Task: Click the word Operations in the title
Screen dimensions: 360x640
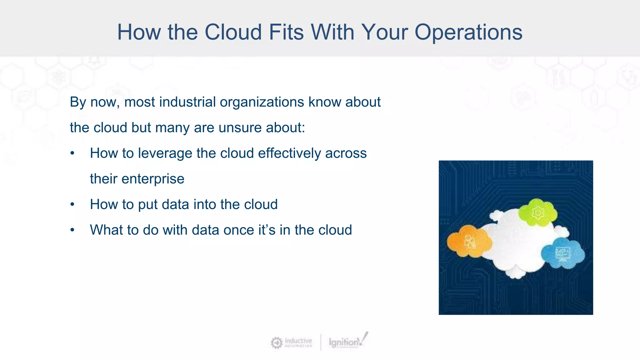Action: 468,32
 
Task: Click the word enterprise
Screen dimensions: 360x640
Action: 152,179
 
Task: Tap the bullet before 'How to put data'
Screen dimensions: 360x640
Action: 72,205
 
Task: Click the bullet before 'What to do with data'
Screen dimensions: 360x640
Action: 72,230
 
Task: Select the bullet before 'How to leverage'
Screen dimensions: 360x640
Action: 72,153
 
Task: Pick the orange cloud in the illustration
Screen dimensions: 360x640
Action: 468,242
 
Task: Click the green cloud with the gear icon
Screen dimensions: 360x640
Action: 537,212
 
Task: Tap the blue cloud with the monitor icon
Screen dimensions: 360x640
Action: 563,253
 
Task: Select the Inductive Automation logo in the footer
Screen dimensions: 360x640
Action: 292,342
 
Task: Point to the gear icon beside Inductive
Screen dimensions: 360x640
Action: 277,343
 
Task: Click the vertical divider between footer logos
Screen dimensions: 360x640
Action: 321,342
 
